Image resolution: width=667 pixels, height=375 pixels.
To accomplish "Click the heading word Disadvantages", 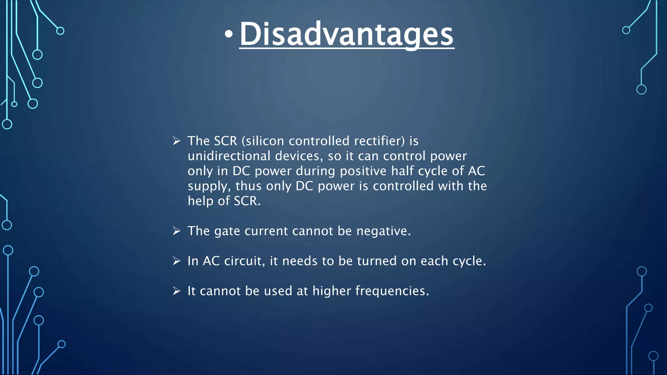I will [347, 35].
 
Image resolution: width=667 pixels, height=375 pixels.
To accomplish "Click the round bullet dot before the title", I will [229, 35].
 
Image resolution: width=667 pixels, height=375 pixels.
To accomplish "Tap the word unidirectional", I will [229, 156].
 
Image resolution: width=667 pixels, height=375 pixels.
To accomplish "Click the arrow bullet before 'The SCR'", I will [177, 141].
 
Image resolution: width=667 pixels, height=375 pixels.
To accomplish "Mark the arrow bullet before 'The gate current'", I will [177, 231].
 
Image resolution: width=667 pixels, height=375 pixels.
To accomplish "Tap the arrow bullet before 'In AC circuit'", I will [177, 261].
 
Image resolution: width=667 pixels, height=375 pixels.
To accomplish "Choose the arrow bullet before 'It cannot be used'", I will [177, 291].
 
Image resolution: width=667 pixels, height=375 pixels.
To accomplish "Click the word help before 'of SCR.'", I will [200, 201].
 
